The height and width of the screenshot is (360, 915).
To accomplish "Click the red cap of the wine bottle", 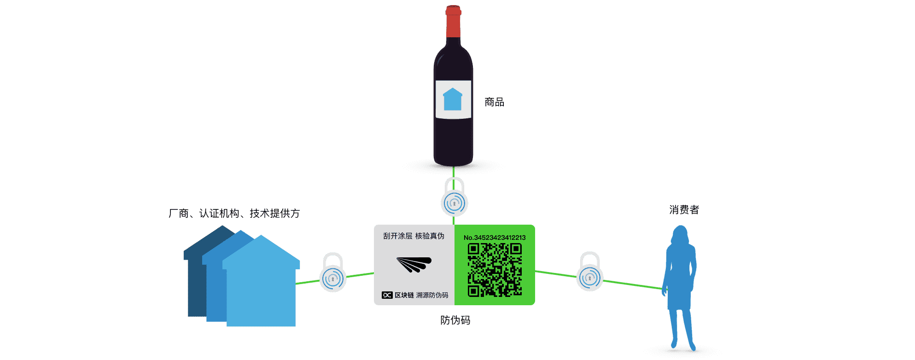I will [453, 22].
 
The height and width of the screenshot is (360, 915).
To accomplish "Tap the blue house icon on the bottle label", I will [453, 99].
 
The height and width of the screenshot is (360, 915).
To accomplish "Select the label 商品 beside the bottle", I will [494, 102].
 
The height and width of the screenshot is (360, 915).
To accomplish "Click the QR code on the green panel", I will [495, 270].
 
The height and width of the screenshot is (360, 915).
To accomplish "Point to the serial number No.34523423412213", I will [495, 238].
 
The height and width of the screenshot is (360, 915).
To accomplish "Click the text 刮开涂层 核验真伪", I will [414, 236].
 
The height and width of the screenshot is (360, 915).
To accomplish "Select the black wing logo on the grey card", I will [414, 264].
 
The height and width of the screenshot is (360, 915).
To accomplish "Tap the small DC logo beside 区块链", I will [387, 295].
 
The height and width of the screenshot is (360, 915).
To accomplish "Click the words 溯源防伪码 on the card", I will [432, 295].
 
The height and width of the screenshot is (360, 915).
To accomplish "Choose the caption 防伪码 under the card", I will [455, 320].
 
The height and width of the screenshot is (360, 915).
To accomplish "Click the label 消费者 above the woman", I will [684, 210].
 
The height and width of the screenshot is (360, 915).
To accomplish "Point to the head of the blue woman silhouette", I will [680, 235].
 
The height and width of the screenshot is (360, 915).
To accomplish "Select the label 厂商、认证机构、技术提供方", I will [234, 214].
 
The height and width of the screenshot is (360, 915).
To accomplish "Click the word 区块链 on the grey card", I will [404, 295].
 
